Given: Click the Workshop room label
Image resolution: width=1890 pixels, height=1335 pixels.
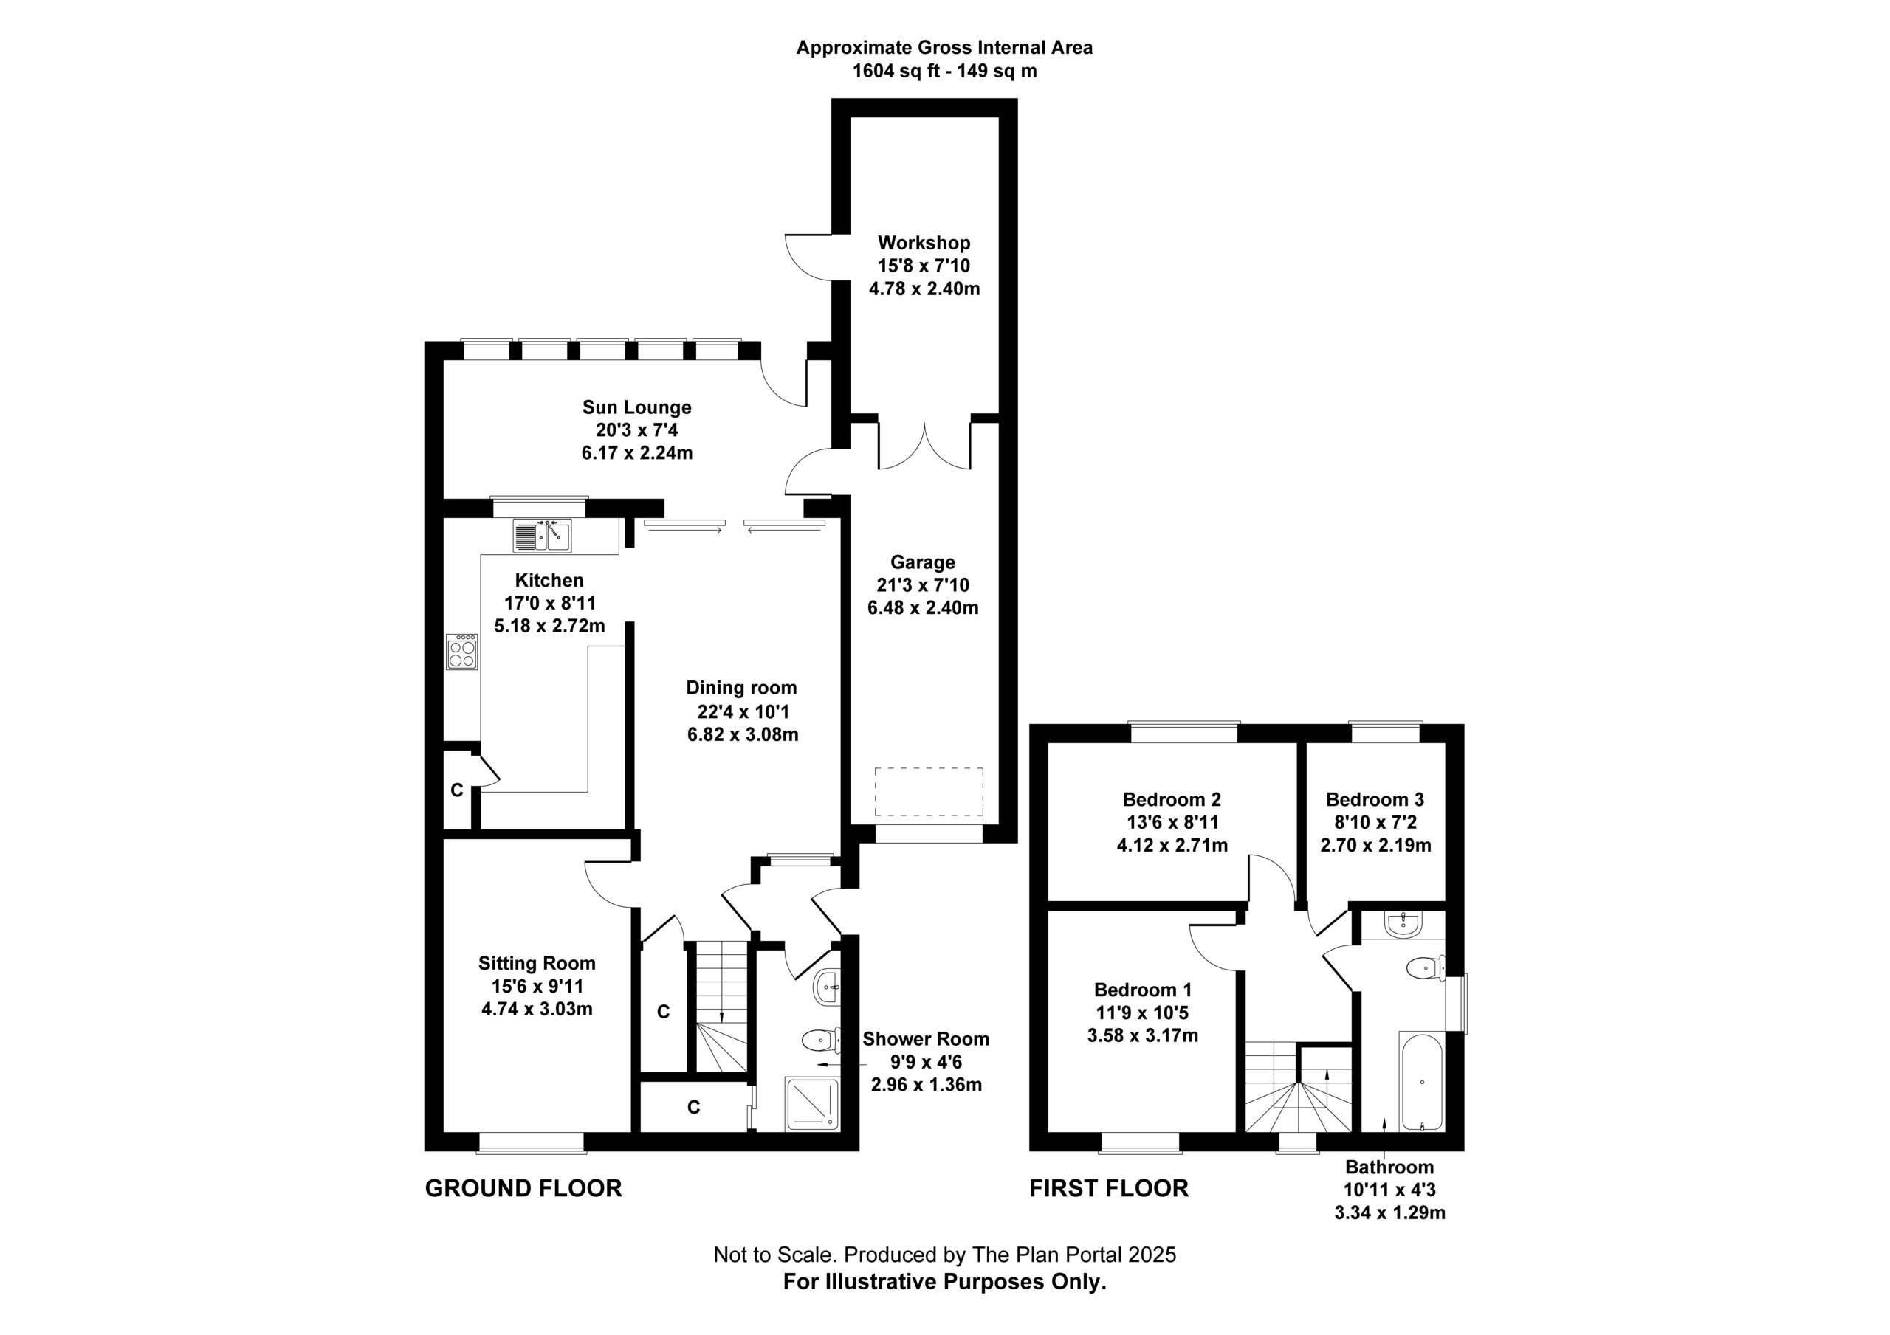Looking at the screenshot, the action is tap(924, 243).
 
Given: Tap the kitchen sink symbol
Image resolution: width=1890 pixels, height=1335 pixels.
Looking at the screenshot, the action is tap(542, 536).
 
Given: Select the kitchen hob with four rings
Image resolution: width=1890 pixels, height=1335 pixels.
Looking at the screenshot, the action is tap(462, 651).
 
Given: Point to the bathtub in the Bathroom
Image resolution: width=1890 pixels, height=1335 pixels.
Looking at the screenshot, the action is tap(1420, 1080).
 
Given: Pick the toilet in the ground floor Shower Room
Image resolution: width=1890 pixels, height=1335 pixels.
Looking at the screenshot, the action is tap(821, 1041).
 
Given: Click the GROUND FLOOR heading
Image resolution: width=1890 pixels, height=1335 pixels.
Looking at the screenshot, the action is tap(523, 1187).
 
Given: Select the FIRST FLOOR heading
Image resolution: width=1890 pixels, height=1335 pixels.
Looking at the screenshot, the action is tap(1109, 1187).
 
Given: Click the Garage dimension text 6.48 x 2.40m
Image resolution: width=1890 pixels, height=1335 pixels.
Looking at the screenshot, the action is tap(923, 608).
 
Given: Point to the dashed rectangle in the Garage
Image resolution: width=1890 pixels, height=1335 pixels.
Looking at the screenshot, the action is tap(929, 793).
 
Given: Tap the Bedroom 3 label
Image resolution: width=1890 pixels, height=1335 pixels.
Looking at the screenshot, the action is tap(1375, 799).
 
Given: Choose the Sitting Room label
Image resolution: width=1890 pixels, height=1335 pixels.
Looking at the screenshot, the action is tap(537, 963).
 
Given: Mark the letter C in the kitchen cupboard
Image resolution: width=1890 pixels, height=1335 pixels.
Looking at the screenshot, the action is tap(457, 790).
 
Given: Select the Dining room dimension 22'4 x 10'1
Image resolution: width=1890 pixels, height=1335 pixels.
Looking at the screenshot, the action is tap(742, 711).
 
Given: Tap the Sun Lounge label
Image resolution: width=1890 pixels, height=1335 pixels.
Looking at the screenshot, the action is tap(637, 407).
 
